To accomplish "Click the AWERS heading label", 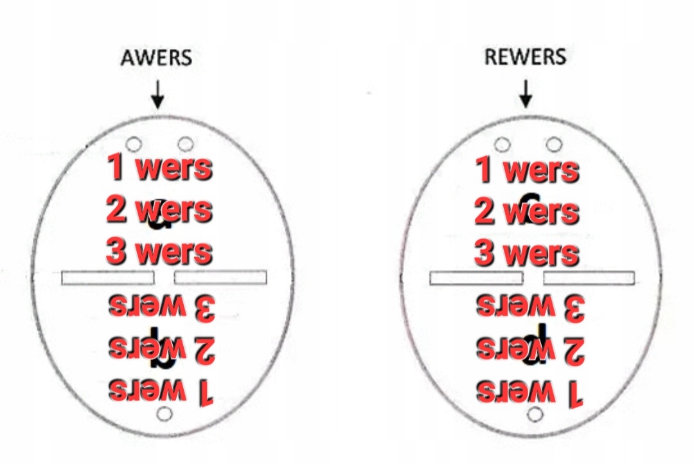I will pos(156,58).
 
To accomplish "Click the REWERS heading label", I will pos(525,57).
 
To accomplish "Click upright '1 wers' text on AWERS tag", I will pos(159,167).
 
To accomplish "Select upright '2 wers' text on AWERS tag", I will pos(159,210).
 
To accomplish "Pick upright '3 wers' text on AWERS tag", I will pos(159,251).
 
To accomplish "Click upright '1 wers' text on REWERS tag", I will pos(528,170).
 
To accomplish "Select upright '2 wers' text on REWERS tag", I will pos(528,211).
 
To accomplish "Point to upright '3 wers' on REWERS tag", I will pos(528,253).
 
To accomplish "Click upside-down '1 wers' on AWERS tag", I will pos(161,390).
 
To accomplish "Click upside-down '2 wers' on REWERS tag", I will pos(529,349).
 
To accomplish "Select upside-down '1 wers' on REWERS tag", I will pos(529,391).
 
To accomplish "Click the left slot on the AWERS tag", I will pos(108,278).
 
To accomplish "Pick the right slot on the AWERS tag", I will pos(220,278).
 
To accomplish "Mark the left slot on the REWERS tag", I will pos(476,278).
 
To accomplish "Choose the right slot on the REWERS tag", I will pos(589,278).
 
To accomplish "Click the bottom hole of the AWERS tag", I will pos(165,413).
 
